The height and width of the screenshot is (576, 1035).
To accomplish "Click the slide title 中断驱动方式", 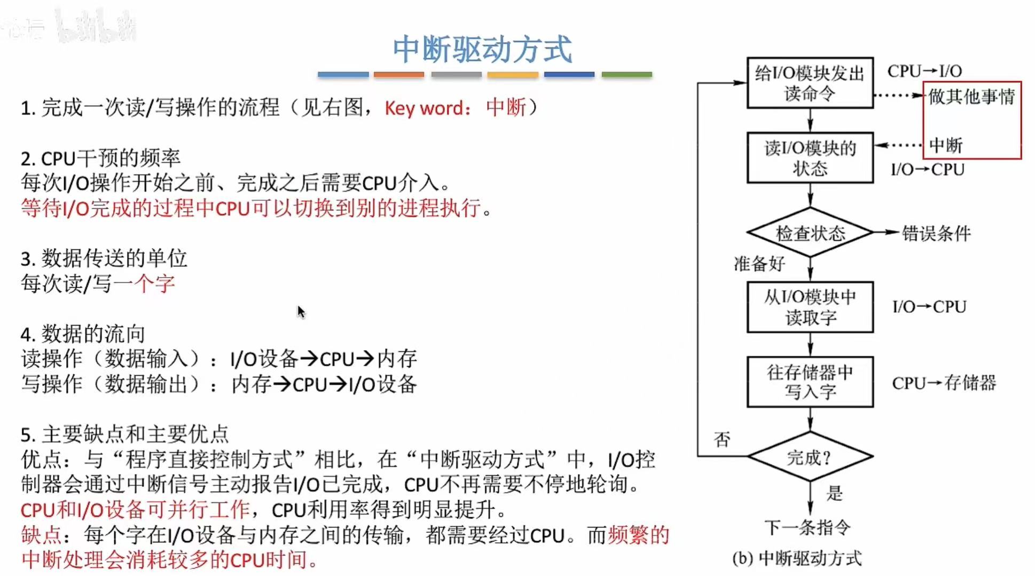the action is click(x=482, y=49).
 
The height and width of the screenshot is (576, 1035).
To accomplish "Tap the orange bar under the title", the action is click(x=399, y=75).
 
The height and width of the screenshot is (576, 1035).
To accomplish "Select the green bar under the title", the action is click(x=626, y=75).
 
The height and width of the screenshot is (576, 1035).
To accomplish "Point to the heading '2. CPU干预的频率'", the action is click(x=100, y=158).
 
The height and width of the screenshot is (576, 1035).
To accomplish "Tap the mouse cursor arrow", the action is click(x=301, y=312).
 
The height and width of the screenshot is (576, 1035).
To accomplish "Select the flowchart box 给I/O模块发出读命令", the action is click(x=810, y=83).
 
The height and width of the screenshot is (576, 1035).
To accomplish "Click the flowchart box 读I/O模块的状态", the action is click(x=810, y=158).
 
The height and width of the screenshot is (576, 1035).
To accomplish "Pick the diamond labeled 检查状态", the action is click(x=810, y=233).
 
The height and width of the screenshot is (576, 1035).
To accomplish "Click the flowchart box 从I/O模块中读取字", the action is click(x=810, y=307).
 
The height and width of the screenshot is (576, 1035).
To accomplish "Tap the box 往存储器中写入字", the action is click(x=810, y=382).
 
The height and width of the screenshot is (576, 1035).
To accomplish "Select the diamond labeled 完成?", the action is click(x=810, y=457).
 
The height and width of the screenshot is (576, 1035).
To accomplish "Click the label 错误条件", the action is click(x=936, y=233).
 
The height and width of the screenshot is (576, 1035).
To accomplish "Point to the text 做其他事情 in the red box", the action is click(x=971, y=97).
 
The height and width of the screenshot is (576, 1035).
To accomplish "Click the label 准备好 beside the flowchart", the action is click(x=759, y=264).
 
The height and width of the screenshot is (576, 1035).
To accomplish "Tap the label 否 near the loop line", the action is click(x=722, y=439).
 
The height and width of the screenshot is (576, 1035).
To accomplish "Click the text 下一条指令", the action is click(x=807, y=527).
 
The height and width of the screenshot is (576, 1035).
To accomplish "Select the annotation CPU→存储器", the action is click(x=944, y=383).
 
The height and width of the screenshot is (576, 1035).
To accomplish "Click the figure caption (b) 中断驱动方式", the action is click(x=797, y=558).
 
